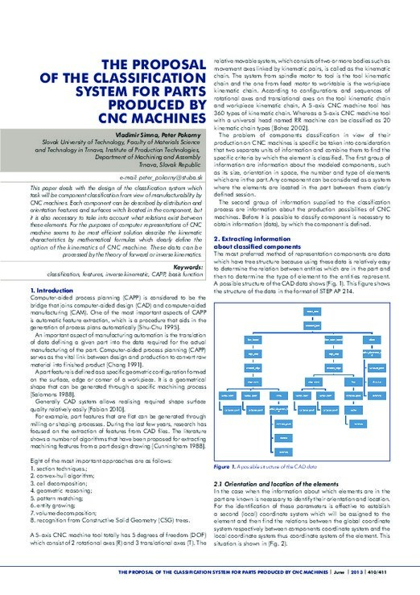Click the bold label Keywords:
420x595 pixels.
point(187,265)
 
